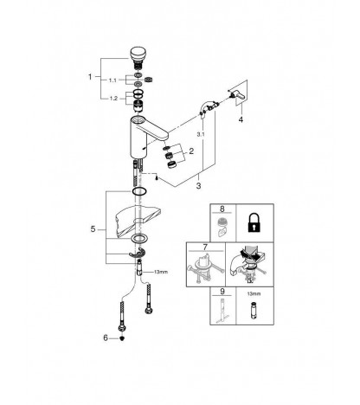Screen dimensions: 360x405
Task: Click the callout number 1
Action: (x=90, y=77)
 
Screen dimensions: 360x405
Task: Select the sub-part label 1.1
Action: (x=112, y=80)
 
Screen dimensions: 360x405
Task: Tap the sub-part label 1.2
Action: (x=113, y=99)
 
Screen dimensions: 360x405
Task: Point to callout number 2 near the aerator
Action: (x=191, y=151)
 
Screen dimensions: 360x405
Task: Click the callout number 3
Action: (x=198, y=186)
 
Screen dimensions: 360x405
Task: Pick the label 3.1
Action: (x=201, y=134)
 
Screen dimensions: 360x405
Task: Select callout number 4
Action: (x=241, y=119)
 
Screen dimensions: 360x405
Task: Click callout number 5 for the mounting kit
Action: (x=93, y=229)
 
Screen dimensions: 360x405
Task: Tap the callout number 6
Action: (x=106, y=337)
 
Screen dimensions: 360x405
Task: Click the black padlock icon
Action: (x=254, y=222)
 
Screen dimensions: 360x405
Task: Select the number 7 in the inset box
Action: (x=205, y=247)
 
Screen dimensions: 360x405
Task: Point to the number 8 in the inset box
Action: (x=222, y=209)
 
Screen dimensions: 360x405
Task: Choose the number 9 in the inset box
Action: (x=222, y=292)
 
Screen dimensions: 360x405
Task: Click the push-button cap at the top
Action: (x=138, y=54)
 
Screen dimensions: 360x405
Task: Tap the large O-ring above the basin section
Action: (x=139, y=191)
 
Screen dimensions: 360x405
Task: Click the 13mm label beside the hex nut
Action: (x=161, y=272)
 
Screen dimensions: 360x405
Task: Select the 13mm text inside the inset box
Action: (x=254, y=293)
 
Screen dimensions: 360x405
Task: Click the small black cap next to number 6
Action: (x=122, y=338)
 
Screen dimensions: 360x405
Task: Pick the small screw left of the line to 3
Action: (x=156, y=178)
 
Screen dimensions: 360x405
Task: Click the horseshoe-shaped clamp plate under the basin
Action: (x=137, y=253)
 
